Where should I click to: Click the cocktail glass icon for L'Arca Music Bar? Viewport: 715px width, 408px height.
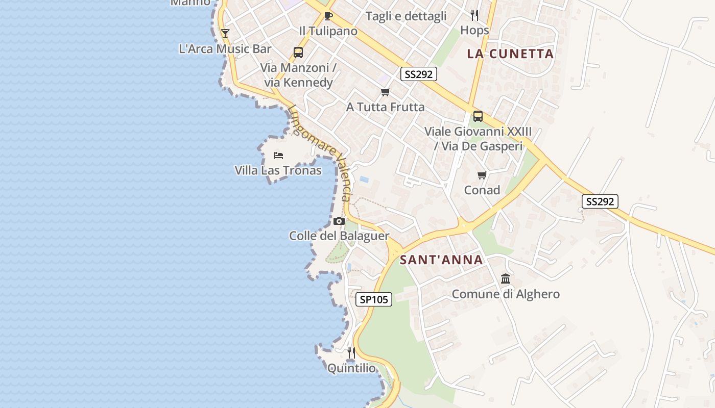pos(225,34)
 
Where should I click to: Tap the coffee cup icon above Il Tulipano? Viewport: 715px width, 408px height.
pos(328,16)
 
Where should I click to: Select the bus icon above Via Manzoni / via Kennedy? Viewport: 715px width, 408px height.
pos(298,52)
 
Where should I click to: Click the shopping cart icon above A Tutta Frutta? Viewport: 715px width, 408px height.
pos(385,92)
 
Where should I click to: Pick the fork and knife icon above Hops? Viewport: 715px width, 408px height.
pos(474,15)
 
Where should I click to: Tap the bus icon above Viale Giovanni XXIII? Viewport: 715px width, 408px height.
pos(478,116)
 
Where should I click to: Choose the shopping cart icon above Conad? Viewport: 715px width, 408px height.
pos(482,175)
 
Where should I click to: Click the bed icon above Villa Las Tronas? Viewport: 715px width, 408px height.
pos(278,155)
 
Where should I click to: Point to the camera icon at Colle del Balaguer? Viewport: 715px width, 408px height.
pos(339,221)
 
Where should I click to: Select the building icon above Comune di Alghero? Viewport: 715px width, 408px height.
pos(506,278)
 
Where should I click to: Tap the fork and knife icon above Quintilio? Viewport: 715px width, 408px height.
pos(351,352)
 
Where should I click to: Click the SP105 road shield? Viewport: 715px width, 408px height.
pos(374,299)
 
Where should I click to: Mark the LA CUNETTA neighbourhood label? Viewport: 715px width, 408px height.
pos(510,54)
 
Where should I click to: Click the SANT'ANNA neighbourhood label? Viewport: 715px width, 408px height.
pos(441,260)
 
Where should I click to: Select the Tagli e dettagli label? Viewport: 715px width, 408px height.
pos(406,16)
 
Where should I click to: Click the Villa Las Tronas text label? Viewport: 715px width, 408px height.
pos(278,170)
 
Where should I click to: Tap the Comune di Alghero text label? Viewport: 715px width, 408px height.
pos(506,294)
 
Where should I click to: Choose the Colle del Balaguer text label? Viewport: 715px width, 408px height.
pos(339,236)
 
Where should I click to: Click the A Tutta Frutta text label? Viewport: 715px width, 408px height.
pos(385,107)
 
